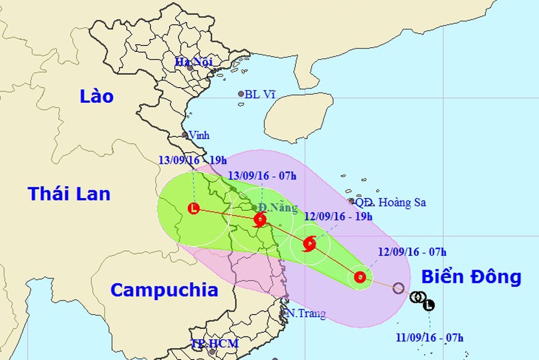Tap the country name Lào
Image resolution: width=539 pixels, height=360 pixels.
coord(96,96)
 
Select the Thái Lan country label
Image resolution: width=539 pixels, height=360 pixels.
coord(69,194)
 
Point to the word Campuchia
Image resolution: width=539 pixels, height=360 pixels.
coord(164,290)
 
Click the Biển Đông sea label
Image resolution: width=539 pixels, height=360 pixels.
coord(471,277)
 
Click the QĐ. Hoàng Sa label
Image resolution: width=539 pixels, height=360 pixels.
coord(390,202)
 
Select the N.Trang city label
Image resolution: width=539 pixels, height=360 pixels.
coord(306,313)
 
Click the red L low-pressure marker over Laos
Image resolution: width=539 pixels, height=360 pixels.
coord(194,209)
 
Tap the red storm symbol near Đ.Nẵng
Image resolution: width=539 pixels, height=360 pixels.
coord(260,220)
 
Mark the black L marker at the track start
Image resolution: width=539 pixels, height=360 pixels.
coord(429,306)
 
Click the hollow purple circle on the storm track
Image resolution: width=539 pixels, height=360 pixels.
coord(399,288)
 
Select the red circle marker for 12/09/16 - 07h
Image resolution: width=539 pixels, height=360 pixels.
coord(360,277)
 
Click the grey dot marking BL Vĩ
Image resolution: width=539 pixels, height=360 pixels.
coord(241,94)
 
